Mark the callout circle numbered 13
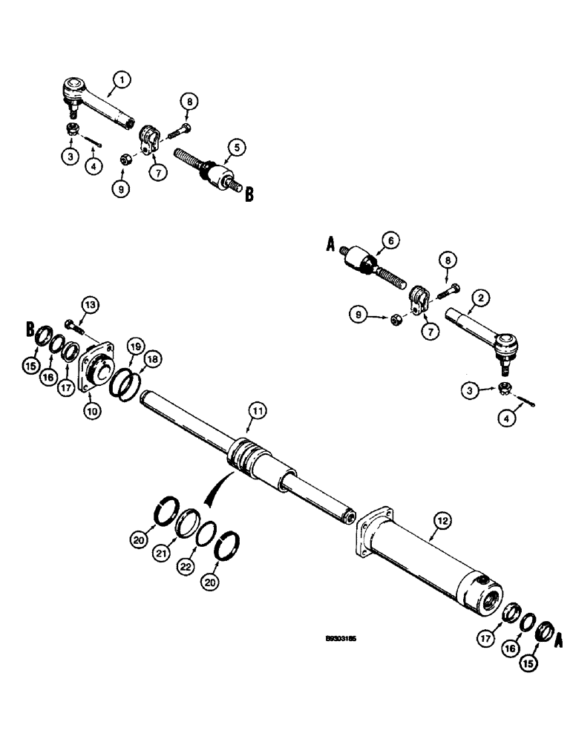(x=89, y=305)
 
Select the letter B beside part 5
(x=248, y=194)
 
